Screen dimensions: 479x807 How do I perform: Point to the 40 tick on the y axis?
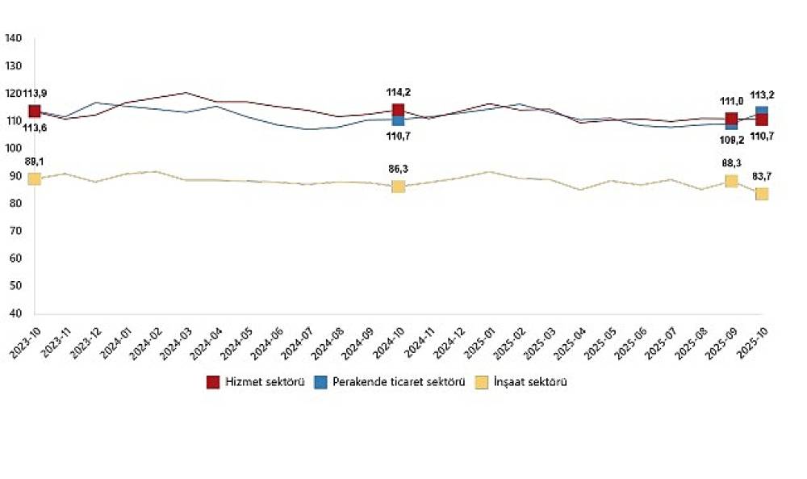coord(15,313)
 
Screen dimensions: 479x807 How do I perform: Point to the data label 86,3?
coord(399,170)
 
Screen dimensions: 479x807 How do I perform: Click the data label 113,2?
coord(763,94)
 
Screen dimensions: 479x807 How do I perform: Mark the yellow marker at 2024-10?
coord(398,187)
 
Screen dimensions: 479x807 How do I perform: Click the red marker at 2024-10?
coord(398,111)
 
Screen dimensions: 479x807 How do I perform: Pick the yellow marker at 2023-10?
coord(35,179)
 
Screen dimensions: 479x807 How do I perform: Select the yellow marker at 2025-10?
coord(762,194)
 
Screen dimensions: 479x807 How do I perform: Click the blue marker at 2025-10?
coord(762,111)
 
